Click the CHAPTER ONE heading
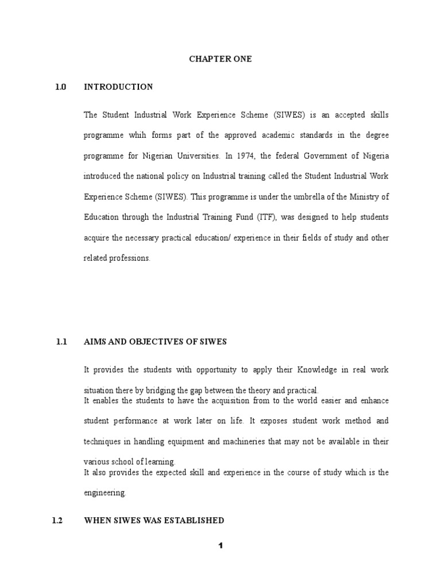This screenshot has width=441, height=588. point(220,59)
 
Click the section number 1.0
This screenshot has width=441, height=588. point(61,87)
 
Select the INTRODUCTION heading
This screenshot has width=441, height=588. point(118,87)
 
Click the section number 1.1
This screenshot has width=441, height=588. point(61,342)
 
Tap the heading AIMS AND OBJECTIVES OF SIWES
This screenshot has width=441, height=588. point(156,342)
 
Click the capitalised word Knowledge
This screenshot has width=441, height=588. point(313,370)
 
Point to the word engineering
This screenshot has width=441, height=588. point(105,493)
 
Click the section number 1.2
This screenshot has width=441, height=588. point(57,521)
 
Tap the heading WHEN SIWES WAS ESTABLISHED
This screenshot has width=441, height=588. point(154,521)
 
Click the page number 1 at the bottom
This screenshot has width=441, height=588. point(220,546)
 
